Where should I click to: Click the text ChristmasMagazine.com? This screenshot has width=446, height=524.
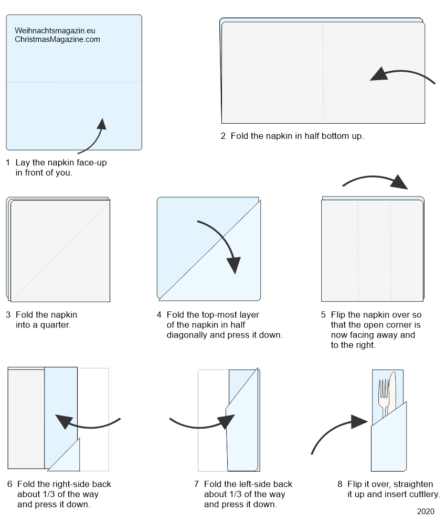[x=57, y=39]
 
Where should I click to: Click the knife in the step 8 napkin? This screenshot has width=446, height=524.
[x=392, y=393]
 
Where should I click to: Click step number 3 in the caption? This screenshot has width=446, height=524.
[x=8, y=315]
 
